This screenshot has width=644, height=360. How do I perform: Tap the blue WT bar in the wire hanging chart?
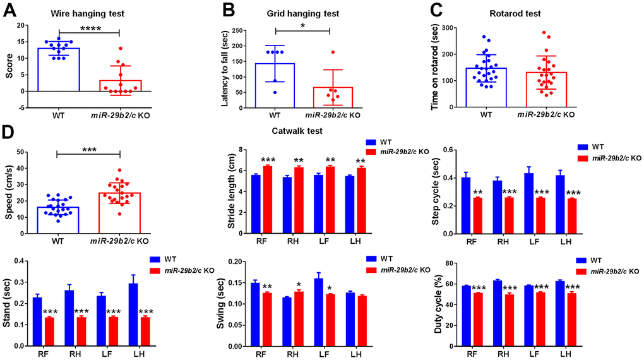coord(59,69)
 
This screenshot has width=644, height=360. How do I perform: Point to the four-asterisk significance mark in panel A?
coord(88,27)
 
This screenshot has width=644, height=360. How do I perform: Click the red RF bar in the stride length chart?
coord(266,200)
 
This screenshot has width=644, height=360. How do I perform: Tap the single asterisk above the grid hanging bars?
coord(302,25)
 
